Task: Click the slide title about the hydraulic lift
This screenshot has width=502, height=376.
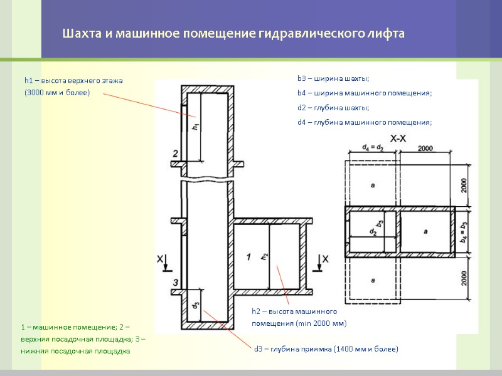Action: tap(233, 33)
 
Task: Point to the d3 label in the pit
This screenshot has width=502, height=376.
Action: tap(196, 305)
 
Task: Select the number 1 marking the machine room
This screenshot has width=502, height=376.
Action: tap(248, 257)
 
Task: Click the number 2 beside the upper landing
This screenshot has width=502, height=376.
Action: tap(176, 154)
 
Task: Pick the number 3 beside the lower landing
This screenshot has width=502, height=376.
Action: tap(176, 281)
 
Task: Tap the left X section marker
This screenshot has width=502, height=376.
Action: tap(162, 258)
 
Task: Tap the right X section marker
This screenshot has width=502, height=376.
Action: tap(324, 258)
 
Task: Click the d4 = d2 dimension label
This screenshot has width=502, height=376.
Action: tap(373, 148)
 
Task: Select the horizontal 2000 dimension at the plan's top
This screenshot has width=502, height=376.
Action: tap(425, 148)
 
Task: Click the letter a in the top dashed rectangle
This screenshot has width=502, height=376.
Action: tap(373, 185)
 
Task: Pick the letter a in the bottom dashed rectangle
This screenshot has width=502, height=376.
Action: tap(373, 280)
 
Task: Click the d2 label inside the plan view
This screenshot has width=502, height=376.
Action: tap(372, 232)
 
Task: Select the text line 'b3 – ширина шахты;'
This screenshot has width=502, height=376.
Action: tap(333, 78)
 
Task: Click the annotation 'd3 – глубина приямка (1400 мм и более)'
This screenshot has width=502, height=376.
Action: tap(326, 348)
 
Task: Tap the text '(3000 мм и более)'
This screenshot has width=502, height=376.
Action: tap(57, 93)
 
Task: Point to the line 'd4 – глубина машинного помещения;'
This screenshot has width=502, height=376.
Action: tap(365, 122)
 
